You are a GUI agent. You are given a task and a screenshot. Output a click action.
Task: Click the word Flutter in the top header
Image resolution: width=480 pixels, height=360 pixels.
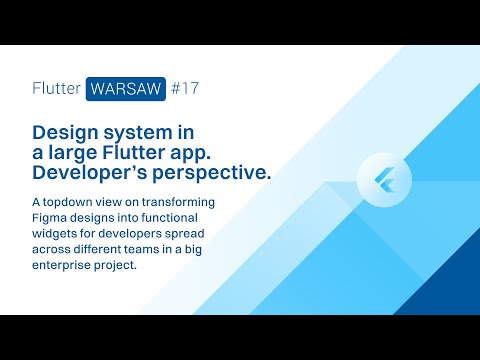(x=56, y=88)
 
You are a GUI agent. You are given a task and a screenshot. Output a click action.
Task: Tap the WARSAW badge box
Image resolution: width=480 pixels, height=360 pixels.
(x=125, y=88)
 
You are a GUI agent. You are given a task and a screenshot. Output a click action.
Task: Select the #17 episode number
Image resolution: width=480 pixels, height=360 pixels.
(x=185, y=88)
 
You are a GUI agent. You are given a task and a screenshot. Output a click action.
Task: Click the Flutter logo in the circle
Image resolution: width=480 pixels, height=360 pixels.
(x=384, y=181)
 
